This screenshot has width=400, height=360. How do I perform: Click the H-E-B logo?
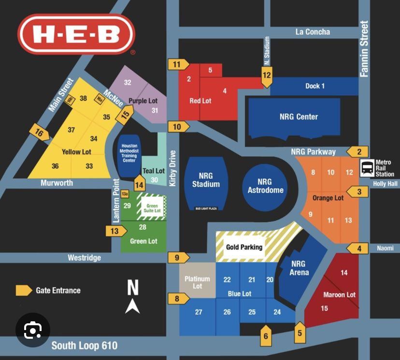click(x=76, y=34)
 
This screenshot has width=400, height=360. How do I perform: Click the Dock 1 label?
click(x=315, y=86)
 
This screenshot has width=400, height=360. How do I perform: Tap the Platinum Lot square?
click(x=197, y=282)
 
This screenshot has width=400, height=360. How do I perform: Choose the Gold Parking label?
click(x=244, y=247)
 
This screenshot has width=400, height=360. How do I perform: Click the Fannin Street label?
click(x=364, y=48)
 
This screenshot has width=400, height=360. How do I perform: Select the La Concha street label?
click(x=313, y=32)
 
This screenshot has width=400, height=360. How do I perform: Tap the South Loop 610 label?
click(x=84, y=346)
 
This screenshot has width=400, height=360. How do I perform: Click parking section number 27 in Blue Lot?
click(x=199, y=312)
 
